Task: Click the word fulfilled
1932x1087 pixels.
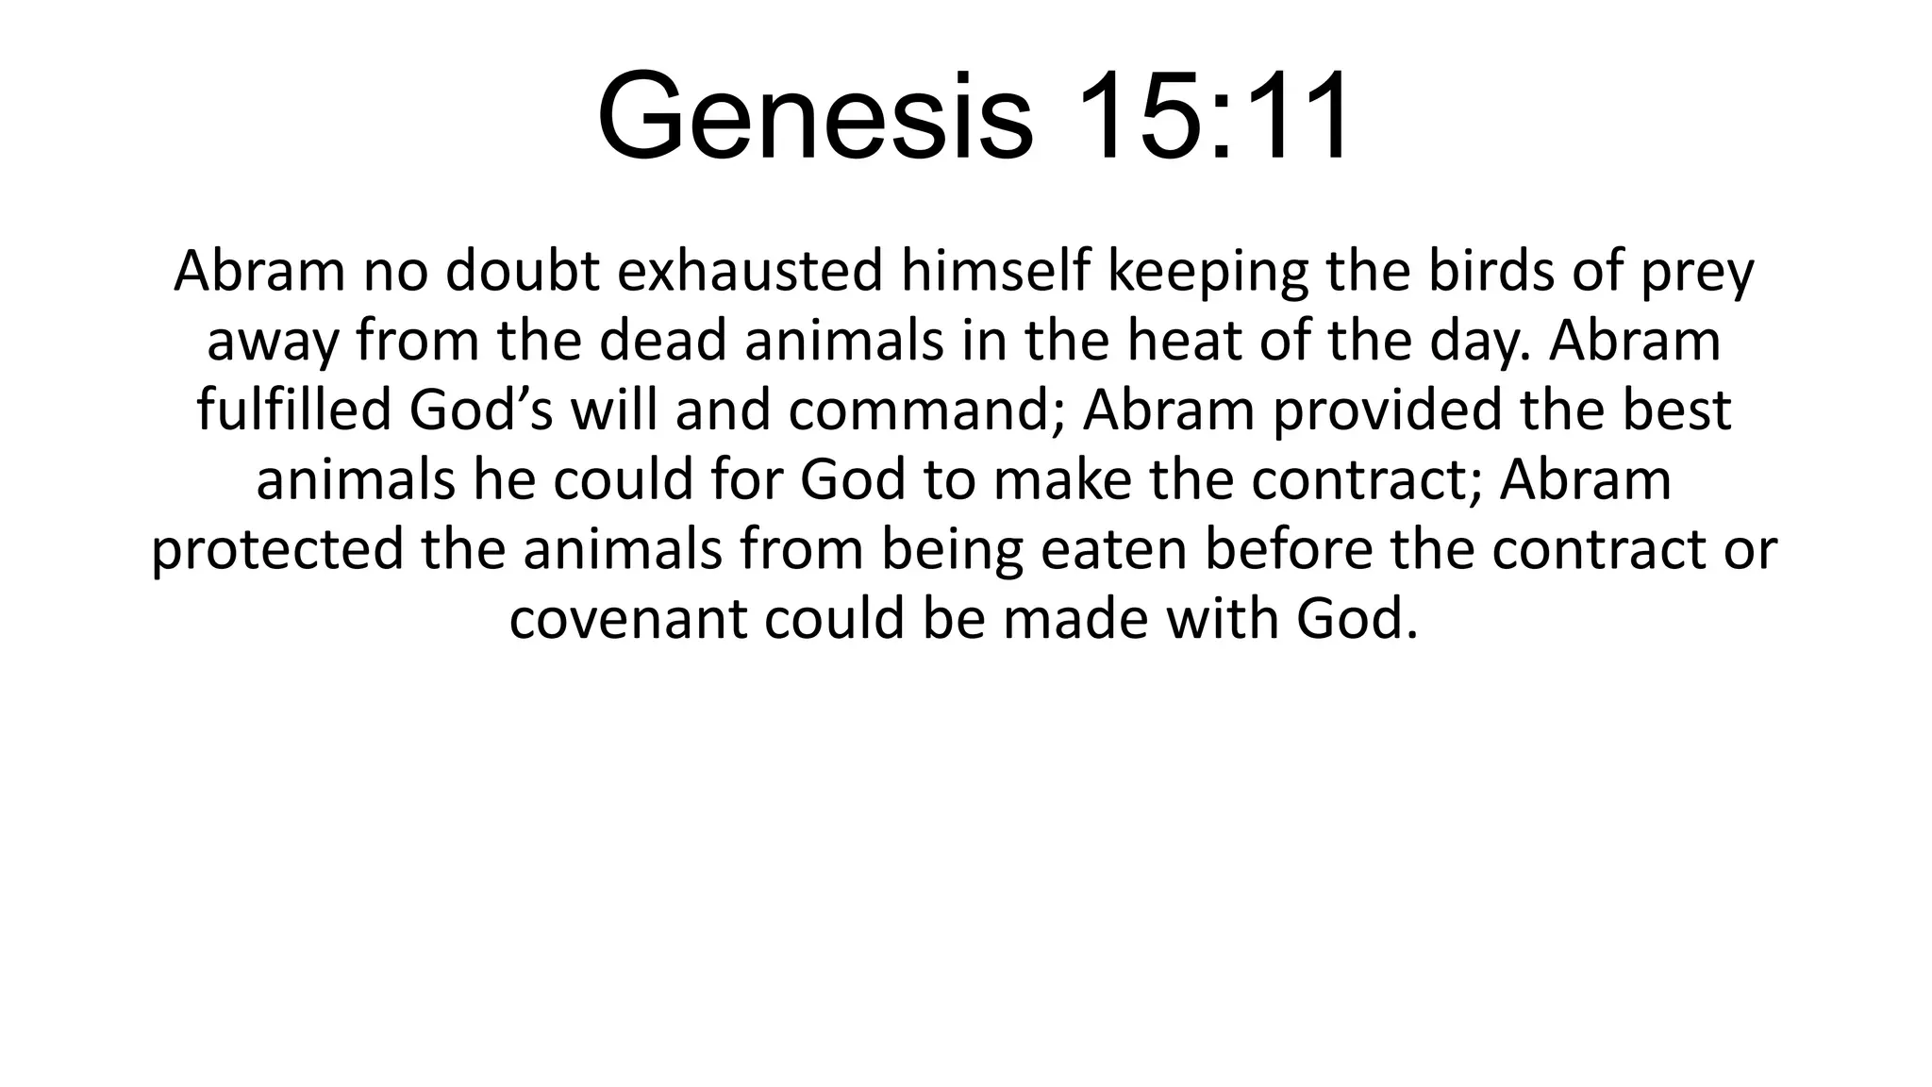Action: click(293, 410)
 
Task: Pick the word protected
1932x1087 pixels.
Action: click(278, 550)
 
